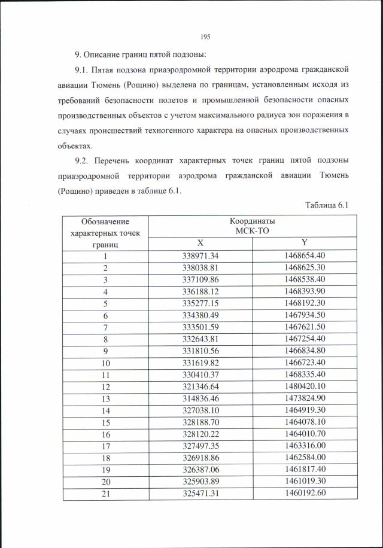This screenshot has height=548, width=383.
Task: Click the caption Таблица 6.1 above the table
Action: (326, 205)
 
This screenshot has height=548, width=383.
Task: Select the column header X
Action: (200, 243)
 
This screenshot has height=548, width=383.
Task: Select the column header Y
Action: (304, 243)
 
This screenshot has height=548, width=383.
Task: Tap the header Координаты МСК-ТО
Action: (252, 226)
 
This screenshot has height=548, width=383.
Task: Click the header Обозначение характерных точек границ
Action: (105, 233)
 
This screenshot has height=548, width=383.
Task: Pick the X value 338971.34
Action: (200, 256)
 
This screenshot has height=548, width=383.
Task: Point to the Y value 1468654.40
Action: (304, 256)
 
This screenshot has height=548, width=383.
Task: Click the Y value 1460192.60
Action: (304, 494)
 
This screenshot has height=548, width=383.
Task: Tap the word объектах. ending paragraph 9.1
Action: (75, 145)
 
